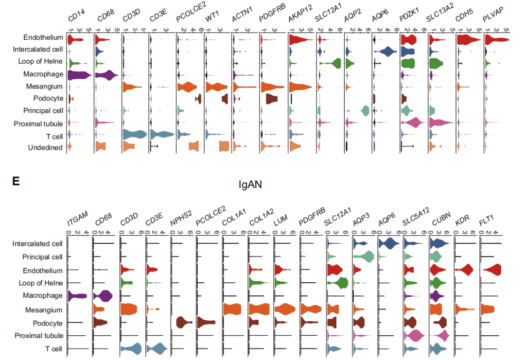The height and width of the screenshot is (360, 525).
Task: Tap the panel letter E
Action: (16, 181)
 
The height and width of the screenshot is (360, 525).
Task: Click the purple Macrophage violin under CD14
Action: (79, 75)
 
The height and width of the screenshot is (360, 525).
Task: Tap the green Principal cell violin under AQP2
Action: (365, 110)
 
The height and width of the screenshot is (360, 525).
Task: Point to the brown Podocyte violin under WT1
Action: (225, 99)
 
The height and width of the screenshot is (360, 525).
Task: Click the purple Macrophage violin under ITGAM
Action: (77, 295)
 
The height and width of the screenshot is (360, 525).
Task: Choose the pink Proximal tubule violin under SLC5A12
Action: (415, 335)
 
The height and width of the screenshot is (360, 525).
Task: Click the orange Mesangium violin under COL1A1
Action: (232, 309)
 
